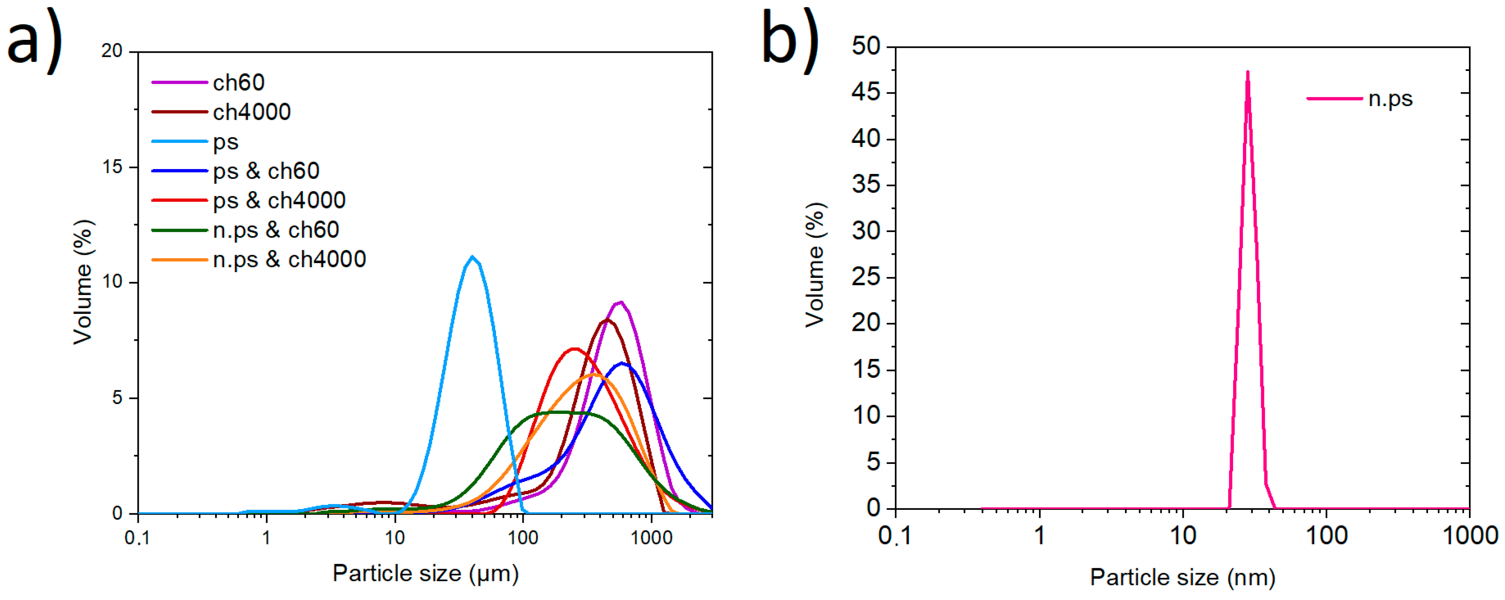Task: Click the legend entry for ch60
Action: pos(239,82)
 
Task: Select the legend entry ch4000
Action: pos(251,111)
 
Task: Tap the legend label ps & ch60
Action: pos(266,171)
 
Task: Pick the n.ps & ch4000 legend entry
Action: pos(289,259)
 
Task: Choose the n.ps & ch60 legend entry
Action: pos(276,230)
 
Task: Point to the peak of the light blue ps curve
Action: pos(472,257)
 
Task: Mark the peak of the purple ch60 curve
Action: pos(620,302)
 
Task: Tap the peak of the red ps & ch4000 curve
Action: pos(574,349)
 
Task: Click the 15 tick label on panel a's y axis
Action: pos(112,167)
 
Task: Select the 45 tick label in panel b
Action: pos(866,92)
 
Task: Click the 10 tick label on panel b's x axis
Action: pos(1183,535)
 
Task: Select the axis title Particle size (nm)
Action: pos(1182,577)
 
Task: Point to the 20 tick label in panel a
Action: pos(112,52)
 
